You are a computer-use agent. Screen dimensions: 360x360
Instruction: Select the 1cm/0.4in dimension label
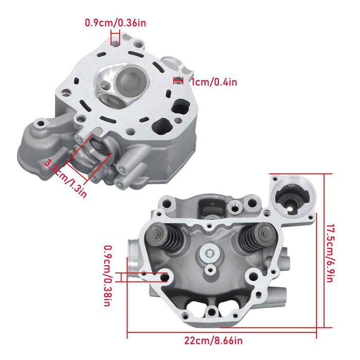click(x=213, y=82)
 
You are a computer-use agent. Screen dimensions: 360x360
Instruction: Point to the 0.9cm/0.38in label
click(x=107, y=275)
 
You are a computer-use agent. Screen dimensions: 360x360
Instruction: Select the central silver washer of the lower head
click(x=209, y=254)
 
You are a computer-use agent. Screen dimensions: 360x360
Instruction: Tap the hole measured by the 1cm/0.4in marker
click(x=178, y=80)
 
